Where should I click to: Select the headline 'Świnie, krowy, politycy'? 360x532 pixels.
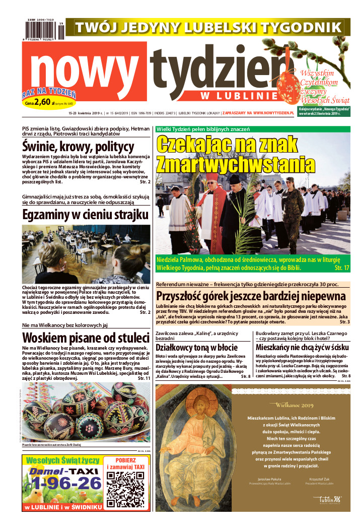point(79,147)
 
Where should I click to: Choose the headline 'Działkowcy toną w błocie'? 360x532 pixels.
point(196,348)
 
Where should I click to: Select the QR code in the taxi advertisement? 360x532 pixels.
point(125,489)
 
